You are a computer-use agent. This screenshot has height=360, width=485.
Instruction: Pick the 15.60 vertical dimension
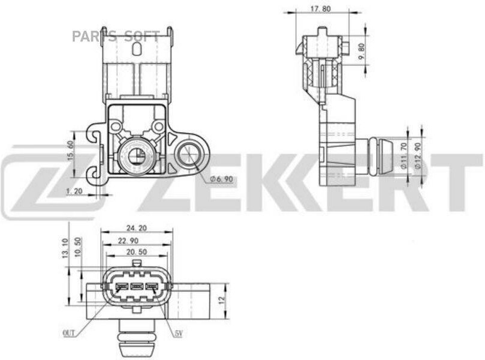tap(70, 151)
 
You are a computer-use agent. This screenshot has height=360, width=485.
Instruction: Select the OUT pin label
tap(69, 331)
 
